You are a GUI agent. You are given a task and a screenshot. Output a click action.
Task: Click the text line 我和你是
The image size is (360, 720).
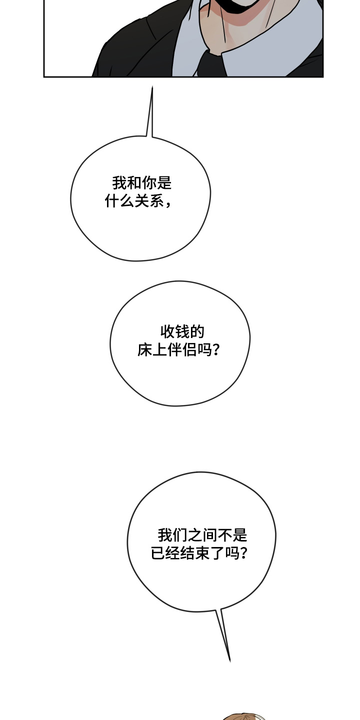142,183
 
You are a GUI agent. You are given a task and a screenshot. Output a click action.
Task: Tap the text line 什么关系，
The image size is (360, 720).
138,201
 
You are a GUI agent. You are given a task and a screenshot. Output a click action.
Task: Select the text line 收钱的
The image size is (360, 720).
182,331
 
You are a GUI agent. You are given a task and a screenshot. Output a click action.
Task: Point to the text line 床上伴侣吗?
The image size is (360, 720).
178,350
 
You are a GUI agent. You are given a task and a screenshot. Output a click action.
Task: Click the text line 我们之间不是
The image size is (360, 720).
202,535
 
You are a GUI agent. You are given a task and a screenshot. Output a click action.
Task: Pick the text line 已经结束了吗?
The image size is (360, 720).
199,553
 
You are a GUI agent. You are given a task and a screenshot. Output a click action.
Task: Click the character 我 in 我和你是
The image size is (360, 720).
119,183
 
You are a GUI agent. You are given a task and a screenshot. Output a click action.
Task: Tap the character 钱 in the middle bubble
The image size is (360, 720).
182,331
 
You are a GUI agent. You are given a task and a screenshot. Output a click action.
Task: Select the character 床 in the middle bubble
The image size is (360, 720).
145,350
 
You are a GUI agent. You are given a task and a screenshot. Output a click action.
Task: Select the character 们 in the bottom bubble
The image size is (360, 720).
179,535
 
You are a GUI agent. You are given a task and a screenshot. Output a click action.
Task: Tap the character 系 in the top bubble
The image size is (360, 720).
157,201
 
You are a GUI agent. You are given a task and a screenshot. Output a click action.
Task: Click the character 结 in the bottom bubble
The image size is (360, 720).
188,553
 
